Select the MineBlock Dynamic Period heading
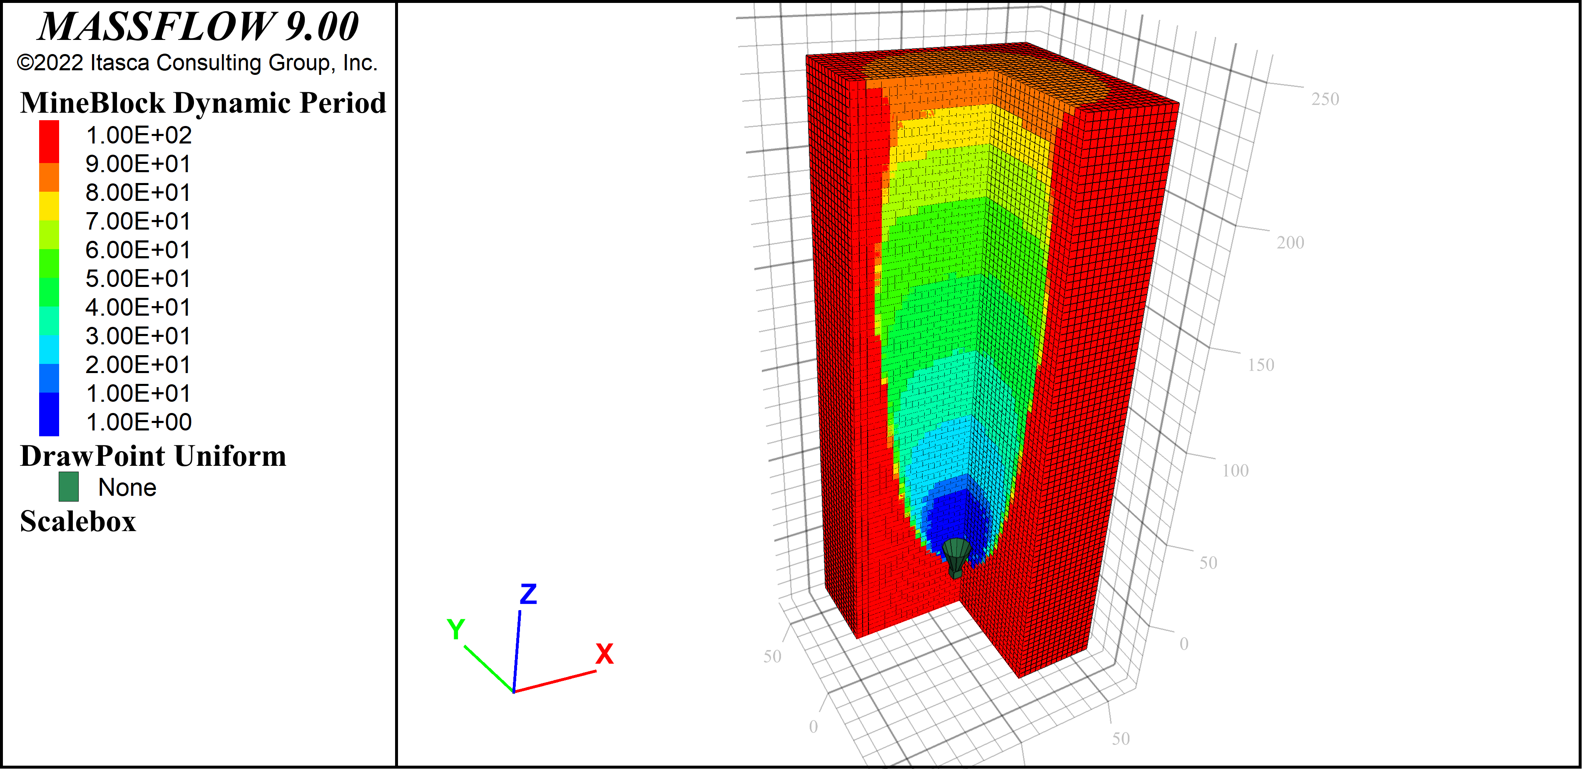203,102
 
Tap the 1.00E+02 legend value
138,135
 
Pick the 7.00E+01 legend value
138,221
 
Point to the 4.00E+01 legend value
138,307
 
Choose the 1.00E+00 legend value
138,422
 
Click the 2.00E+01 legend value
138,365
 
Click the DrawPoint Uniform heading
153,456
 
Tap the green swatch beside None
68,487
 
